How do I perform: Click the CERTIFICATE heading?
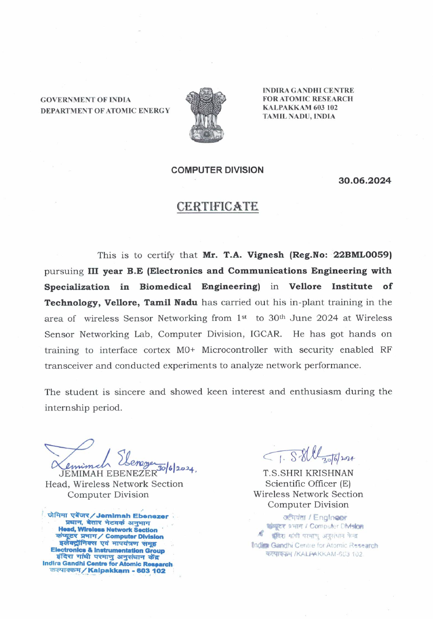tap(217, 206)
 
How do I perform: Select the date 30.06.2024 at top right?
tap(364, 181)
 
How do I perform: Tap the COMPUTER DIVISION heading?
tap(217, 170)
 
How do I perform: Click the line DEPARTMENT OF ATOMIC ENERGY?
tap(105, 111)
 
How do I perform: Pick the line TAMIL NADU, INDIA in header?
tap(299, 116)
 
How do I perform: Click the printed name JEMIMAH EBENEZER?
tap(108, 473)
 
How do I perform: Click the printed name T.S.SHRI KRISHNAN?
tap(308, 473)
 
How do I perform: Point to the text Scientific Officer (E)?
tap(308, 484)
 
